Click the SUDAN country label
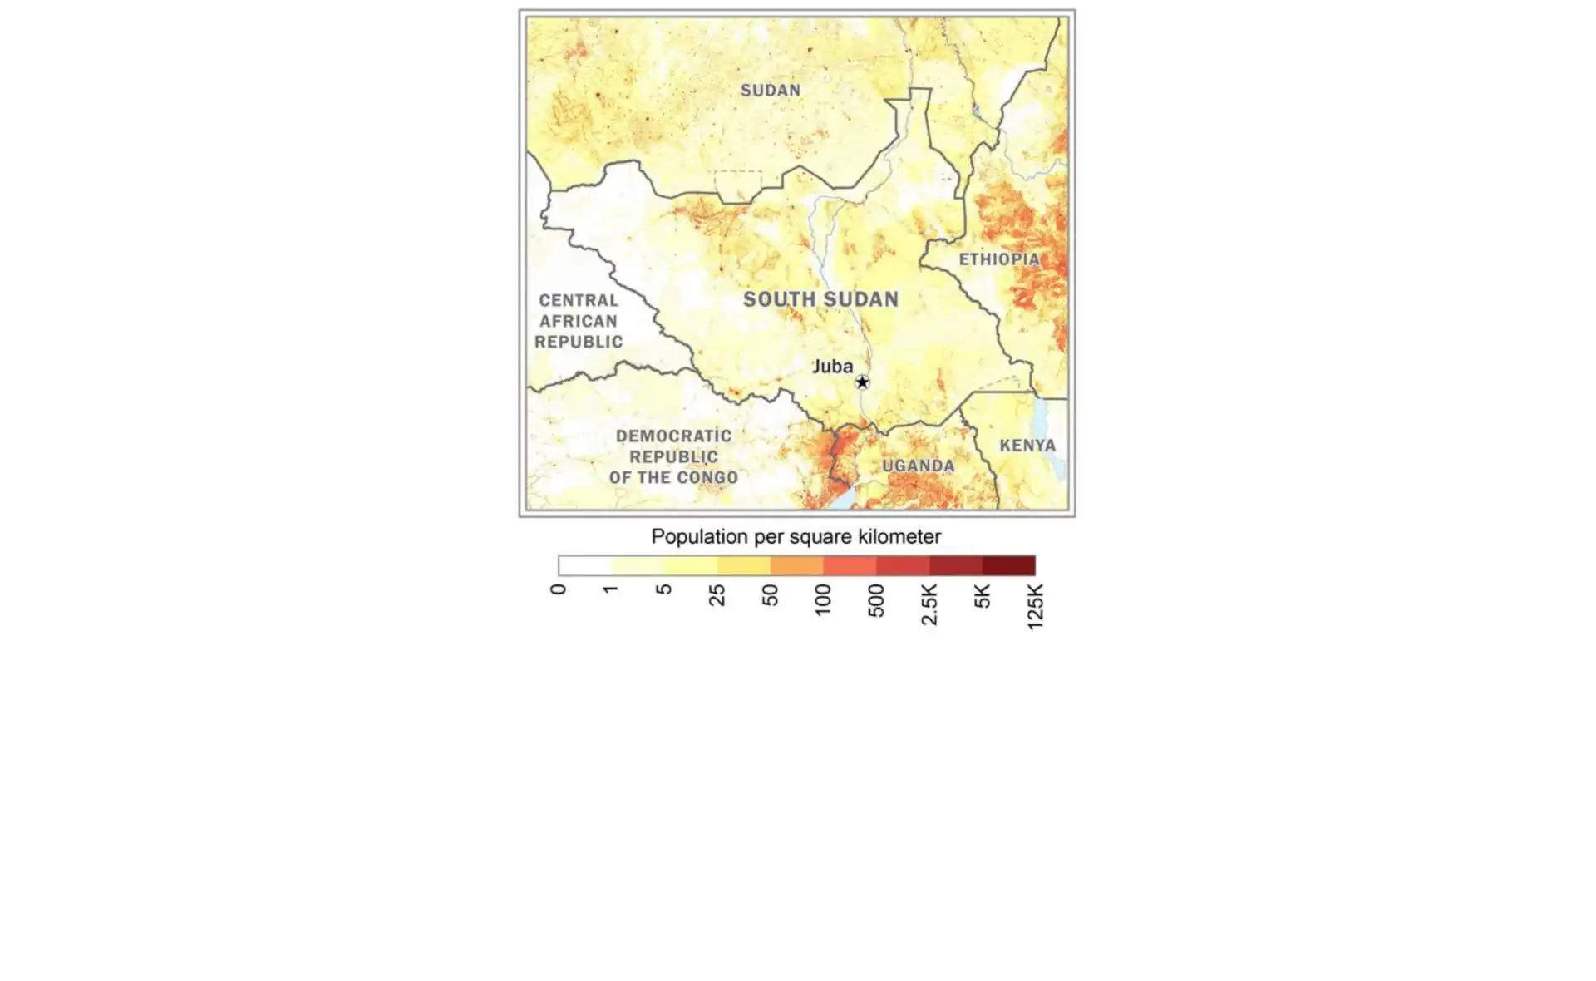(x=771, y=91)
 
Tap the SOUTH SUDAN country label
(x=820, y=299)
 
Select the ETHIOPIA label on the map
(x=999, y=259)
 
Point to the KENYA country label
(x=1027, y=446)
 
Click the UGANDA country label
(x=918, y=466)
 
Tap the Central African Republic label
(x=579, y=321)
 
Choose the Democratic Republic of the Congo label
(x=673, y=456)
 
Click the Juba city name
(x=832, y=367)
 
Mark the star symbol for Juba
(x=862, y=382)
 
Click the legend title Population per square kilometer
(x=796, y=537)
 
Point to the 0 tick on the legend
(x=559, y=589)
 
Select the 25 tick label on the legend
(x=717, y=594)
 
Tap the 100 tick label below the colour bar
(x=823, y=599)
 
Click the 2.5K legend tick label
(x=929, y=604)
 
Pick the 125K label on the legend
(x=1035, y=605)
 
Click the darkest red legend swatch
(x=1008, y=566)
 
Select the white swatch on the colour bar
(x=584, y=566)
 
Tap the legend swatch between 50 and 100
(x=796, y=566)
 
